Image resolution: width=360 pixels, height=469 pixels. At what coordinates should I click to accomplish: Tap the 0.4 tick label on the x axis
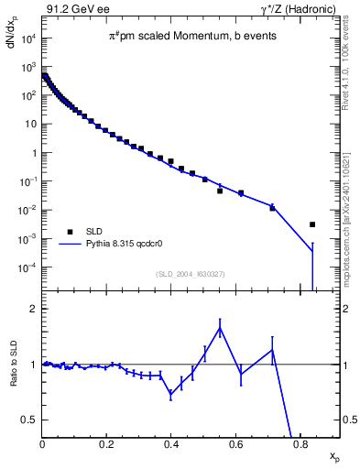point(171,445)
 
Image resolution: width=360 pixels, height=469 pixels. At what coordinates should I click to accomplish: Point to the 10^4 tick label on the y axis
point(27,38)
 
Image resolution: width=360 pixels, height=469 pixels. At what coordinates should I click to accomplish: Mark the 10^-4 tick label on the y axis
point(27,267)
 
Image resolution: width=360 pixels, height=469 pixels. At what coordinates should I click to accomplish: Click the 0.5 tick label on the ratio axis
point(30,419)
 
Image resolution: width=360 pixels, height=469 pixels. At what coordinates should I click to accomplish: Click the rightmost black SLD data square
point(312,224)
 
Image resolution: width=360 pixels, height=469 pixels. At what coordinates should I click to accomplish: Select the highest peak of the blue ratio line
point(220,328)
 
